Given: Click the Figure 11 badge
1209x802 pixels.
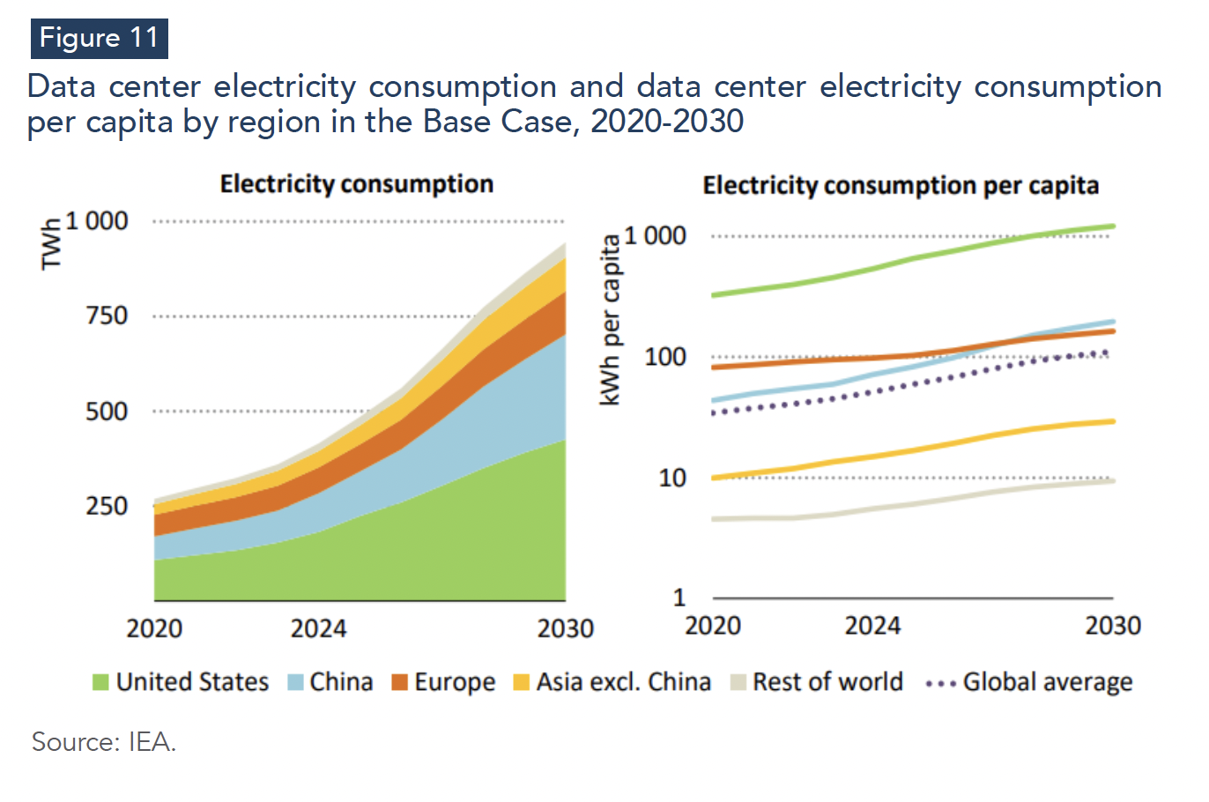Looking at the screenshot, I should click(99, 39).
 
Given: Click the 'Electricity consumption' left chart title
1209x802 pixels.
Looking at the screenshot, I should click(356, 184).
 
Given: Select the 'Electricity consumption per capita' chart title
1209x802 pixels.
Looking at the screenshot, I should click(901, 186).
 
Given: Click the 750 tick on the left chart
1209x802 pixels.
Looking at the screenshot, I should click(107, 316).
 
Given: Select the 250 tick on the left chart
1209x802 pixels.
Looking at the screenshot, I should click(107, 506).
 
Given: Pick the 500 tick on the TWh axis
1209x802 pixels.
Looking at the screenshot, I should click(107, 411).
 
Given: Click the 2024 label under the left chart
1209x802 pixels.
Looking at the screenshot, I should click(318, 628).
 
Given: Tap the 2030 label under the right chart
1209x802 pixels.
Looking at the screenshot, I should click(1112, 626).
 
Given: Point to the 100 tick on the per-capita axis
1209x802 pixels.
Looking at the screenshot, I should click(665, 357).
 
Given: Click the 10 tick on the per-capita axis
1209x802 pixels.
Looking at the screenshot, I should click(671, 478).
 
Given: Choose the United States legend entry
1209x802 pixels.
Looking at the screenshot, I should click(181, 682).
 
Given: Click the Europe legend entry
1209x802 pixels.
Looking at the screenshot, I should click(443, 682).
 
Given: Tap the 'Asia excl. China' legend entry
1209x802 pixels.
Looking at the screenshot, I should click(612, 682).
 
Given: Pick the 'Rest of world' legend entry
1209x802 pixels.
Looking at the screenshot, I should click(817, 682).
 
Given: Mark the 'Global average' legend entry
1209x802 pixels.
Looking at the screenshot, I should click(1029, 682).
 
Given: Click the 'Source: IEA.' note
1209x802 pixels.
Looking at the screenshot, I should click(104, 742).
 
